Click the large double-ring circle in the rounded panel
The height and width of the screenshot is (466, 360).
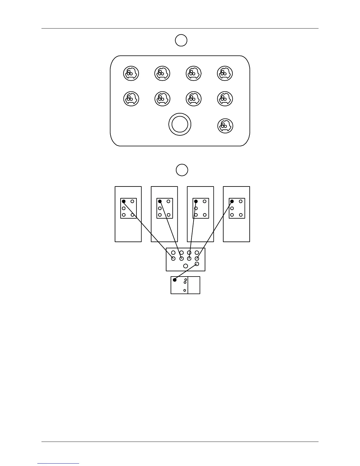[180, 124]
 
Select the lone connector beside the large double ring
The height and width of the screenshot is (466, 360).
[225, 126]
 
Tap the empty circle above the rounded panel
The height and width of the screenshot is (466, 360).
[181, 40]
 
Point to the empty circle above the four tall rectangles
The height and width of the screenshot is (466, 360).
[182, 170]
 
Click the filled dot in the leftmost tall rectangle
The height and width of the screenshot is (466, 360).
[124, 202]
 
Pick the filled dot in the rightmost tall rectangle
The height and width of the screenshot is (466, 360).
[232, 202]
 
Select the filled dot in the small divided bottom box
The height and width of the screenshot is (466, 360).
[175, 280]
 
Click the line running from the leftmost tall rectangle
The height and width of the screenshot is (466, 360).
[149, 230]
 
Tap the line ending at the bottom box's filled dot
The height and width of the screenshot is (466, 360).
[186, 272]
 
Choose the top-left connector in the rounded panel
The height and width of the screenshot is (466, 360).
[131, 73]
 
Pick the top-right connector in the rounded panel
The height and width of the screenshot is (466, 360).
[225, 73]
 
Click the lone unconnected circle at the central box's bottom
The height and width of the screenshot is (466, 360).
[186, 266]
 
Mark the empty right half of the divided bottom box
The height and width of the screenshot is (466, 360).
[194, 285]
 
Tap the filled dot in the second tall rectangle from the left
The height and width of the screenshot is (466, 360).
[160, 202]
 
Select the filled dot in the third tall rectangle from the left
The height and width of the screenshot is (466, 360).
[196, 202]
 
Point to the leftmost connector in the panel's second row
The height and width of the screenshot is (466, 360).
[131, 99]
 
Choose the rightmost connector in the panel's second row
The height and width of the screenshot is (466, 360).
[225, 99]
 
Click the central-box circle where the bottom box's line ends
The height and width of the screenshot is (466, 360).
[197, 264]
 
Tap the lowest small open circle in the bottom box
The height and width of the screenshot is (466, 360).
[185, 290]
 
